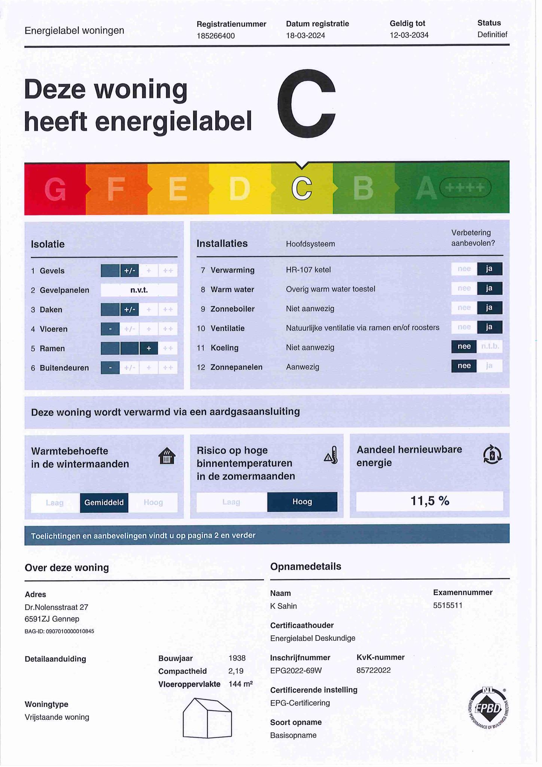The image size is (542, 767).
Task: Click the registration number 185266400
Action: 216,36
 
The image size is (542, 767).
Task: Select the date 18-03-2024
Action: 305,36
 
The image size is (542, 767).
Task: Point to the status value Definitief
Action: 492,35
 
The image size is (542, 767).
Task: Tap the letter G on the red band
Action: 55,190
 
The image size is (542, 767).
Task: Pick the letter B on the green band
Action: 363,188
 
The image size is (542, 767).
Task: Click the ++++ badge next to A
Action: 465,187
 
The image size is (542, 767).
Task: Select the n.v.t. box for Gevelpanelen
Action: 139,290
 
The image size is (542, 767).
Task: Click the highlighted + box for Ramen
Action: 149,349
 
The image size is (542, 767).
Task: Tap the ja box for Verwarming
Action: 489,269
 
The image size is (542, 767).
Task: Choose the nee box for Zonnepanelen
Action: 464,366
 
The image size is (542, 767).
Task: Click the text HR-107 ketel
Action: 308,270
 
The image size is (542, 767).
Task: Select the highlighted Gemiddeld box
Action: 104,503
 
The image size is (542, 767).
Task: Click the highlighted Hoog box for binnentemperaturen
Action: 302,502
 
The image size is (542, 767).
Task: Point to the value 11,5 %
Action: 430,501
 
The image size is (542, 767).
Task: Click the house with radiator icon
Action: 167,456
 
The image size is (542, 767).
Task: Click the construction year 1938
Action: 237,658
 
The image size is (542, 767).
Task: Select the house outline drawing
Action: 207,718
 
